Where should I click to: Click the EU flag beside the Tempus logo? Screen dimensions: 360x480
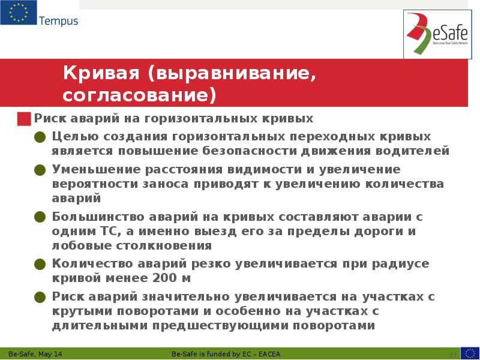[18, 13]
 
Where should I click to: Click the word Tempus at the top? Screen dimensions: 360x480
[58, 21]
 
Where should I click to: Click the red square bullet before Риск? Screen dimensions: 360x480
[24, 118]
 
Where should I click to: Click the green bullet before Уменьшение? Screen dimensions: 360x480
[40, 169]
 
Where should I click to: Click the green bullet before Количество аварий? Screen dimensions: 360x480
[40, 264]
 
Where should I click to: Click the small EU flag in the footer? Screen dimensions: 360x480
[470, 353]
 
